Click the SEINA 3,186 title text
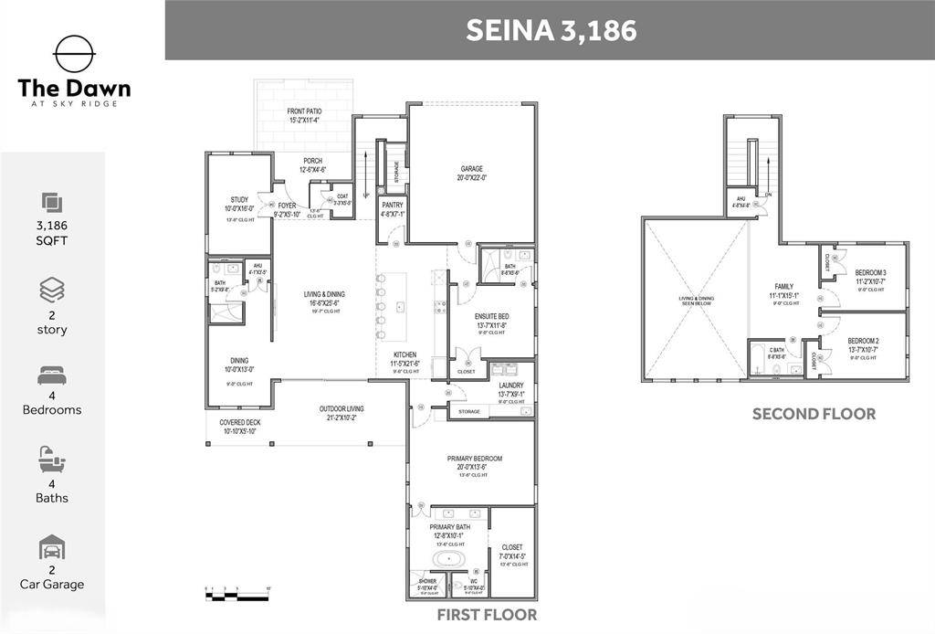(551, 29)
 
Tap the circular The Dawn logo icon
(74, 54)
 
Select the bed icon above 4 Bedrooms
(52, 375)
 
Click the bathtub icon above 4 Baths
(52, 459)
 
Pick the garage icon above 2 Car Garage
(52, 547)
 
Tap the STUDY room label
(239, 199)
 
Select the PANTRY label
(393, 206)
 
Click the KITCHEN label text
(405, 354)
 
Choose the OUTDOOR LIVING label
(341, 408)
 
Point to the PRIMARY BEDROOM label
(474, 459)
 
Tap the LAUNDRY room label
(510, 386)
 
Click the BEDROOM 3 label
(871, 272)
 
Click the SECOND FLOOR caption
(814, 414)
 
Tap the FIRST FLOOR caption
(487, 615)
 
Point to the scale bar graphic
(236, 596)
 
